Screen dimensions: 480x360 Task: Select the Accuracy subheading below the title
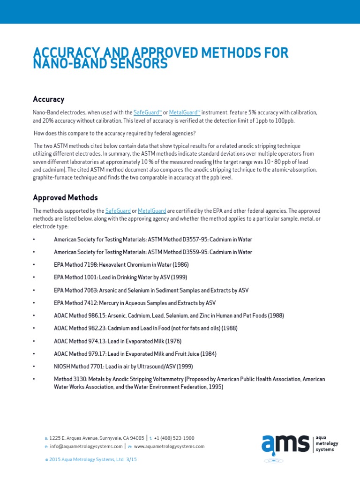(48, 99)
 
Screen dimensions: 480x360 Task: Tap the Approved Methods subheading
(65, 197)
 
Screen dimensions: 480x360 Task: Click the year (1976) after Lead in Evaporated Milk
(172, 341)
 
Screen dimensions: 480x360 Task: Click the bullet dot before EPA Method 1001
(34, 277)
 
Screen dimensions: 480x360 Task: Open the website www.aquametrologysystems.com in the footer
(169, 446)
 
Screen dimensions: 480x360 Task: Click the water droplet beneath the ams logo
(273, 454)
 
